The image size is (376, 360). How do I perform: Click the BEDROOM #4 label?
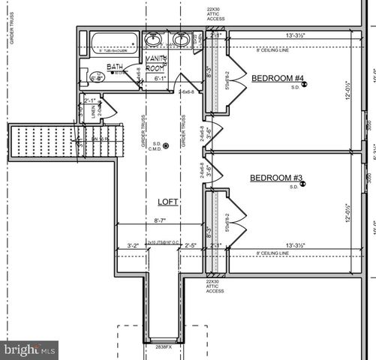(278, 78)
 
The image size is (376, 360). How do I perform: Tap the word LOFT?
(167, 202)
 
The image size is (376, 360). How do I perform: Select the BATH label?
(115, 67)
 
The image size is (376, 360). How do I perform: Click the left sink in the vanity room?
(154, 40)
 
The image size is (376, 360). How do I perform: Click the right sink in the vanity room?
(181, 40)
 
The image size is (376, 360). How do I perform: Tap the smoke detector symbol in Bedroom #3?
(305, 184)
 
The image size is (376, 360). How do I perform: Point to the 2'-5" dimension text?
(191, 244)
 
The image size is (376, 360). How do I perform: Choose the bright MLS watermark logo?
(29, 349)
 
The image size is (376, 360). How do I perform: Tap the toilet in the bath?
(96, 76)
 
